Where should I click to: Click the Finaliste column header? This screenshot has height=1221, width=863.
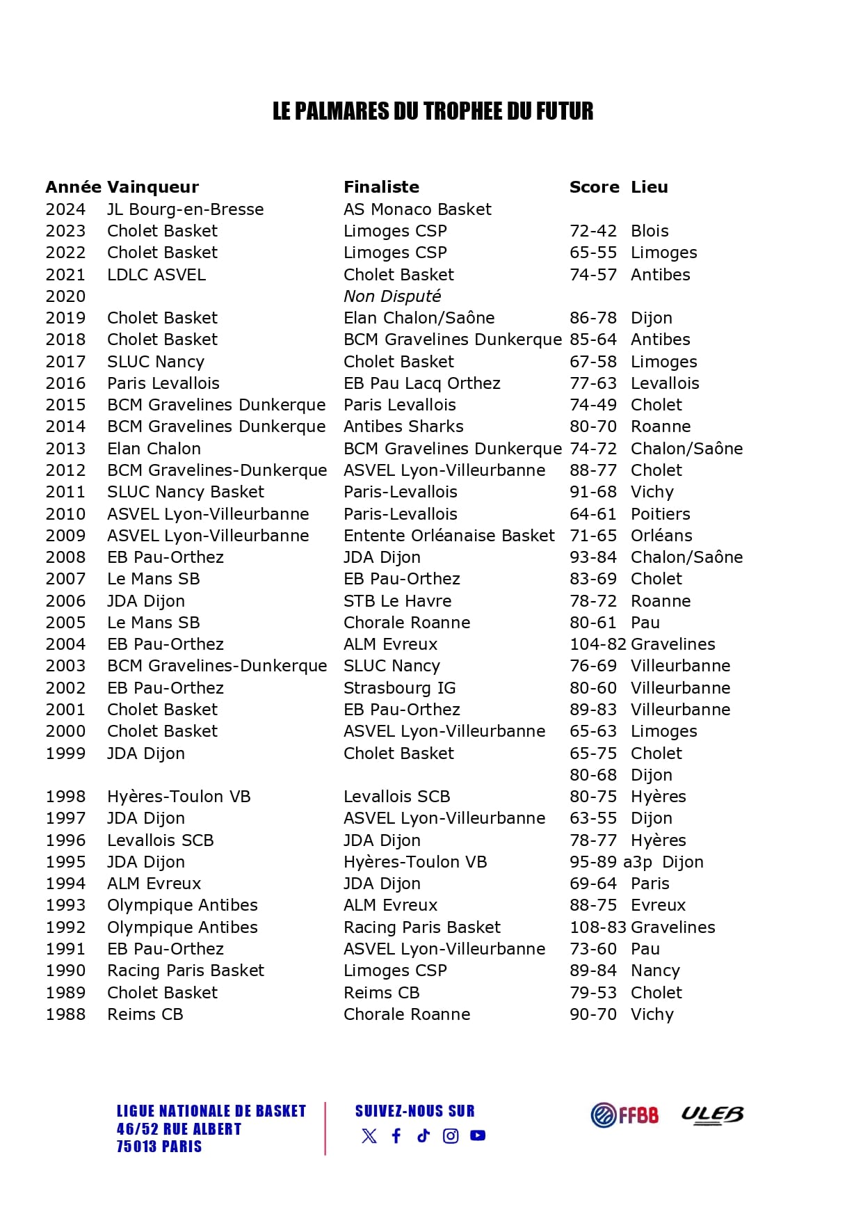click(381, 187)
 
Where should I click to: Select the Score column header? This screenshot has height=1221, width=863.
click(594, 187)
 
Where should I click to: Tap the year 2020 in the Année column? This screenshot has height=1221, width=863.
click(65, 296)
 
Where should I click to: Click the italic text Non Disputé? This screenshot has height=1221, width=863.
click(392, 296)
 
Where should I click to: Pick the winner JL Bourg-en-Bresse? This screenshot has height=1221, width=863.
click(185, 209)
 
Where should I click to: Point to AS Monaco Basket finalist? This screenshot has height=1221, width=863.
click(417, 209)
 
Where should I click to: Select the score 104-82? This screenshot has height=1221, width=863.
click(598, 644)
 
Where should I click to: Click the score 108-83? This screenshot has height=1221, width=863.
click(598, 927)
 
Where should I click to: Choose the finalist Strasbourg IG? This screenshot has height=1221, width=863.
click(399, 688)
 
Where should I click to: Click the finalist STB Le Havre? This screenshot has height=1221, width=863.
click(397, 601)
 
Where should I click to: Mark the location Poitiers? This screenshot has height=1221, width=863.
click(660, 514)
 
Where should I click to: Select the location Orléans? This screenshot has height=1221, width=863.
click(661, 536)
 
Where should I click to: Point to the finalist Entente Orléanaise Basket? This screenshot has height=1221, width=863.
click(449, 536)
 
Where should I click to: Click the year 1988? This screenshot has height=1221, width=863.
click(65, 1014)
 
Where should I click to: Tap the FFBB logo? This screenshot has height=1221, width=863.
click(624, 1115)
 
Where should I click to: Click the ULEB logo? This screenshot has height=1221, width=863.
click(711, 1115)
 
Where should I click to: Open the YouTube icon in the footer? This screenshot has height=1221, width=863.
click(478, 1136)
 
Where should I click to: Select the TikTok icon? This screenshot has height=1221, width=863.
click(424, 1136)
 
